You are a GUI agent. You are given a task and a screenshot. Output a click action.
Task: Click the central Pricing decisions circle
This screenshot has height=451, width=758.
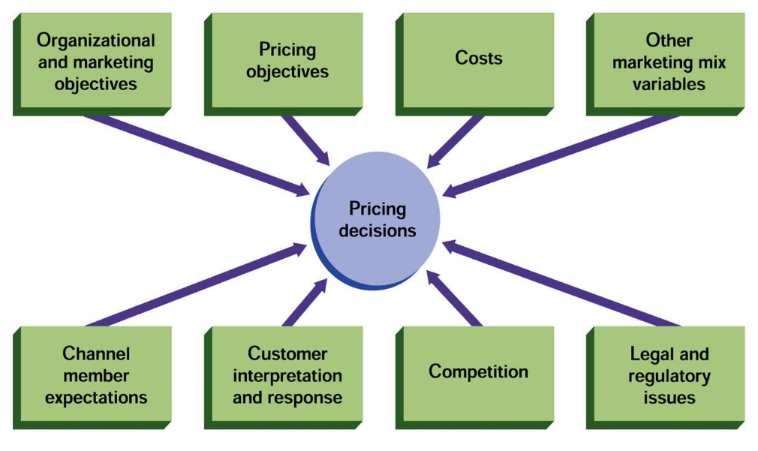pyautogui.click(x=377, y=219)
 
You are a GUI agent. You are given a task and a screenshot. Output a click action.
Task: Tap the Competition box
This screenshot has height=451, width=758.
pyautogui.click(x=477, y=372)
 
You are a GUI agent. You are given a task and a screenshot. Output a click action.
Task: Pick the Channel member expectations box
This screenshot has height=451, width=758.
pyautogui.click(x=95, y=375)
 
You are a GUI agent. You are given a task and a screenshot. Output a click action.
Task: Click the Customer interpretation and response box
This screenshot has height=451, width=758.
pyautogui.click(x=287, y=375)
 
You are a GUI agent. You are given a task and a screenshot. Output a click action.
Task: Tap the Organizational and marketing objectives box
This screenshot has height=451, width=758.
pyautogui.click(x=95, y=62)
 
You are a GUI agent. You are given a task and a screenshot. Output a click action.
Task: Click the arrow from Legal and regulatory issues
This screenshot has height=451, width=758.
pyautogui.click(x=563, y=284)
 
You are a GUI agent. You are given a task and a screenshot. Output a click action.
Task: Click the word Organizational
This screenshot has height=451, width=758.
pyautogui.click(x=95, y=41)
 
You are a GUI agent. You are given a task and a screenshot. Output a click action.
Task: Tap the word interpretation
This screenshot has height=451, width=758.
pyautogui.click(x=287, y=375)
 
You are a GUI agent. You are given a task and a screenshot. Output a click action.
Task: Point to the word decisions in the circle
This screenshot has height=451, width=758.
pyautogui.click(x=377, y=230)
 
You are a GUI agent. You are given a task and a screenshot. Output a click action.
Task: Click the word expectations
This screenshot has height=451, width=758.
pyautogui.click(x=95, y=397)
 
